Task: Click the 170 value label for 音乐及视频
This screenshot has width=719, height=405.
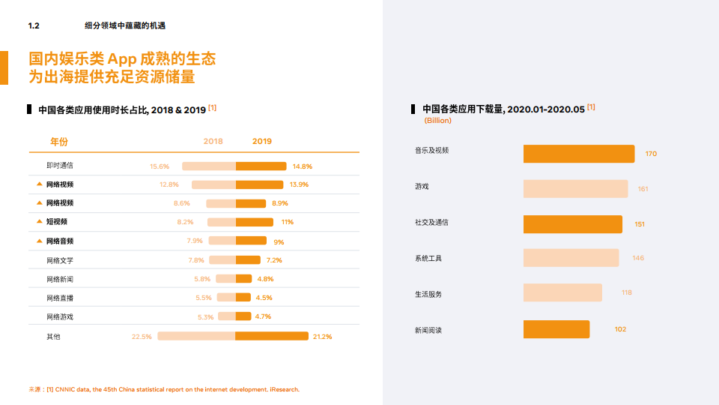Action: pyautogui.click(x=651, y=154)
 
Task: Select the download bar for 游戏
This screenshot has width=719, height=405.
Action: pyautogui.click(x=575, y=189)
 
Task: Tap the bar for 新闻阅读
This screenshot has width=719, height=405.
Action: pyautogui.click(x=556, y=329)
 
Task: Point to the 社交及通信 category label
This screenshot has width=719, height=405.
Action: pyautogui.click(x=431, y=223)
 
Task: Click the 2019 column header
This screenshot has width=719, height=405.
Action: pyautogui.click(x=262, y=141)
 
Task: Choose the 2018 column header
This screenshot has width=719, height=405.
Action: pyautogui.click(x=213, y=141)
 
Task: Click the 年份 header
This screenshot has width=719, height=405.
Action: pyautogui.click(x=58, y=141)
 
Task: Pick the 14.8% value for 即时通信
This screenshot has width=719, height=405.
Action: pyautogui.click(x=302, y=166)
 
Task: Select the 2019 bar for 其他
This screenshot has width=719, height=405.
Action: pyautogui.click(x=272, y=336)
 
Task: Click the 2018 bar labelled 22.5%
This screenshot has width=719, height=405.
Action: pyautogui.click(x=196, y=336)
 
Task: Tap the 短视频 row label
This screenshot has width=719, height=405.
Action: pyautogui.click(x=57, y=222)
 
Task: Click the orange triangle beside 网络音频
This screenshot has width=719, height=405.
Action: pyautogui.click(x=39, y=241)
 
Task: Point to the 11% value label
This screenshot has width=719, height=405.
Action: pyautogui.click(x=287, y=222)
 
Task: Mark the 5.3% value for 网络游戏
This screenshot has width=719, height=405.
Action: pyautogui.click(x=205, y=317)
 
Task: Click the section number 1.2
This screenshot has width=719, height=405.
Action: pyautogui.click(x=33, y=25)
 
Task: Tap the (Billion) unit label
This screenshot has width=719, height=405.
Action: pyautogui.click(x=437, y=120)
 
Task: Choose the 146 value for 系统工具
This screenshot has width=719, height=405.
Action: pyautogui.click(x=637, y=258)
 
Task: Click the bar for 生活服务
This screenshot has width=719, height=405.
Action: pyautogui.click(x=562, y=292)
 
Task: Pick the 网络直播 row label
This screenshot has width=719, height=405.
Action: pyautogui.click(x=60, y=298)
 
